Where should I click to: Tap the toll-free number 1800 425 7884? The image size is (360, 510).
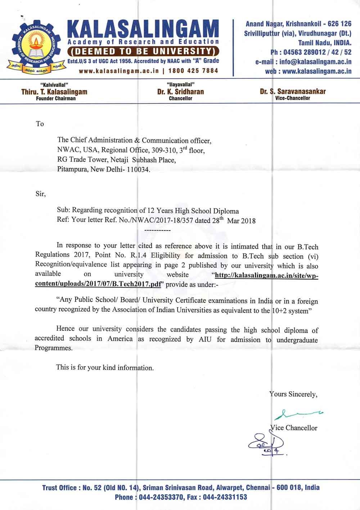pos(193,70)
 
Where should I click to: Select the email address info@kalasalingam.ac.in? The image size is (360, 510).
pos(315,62)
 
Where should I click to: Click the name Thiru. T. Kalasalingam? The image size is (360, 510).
pos(54,92)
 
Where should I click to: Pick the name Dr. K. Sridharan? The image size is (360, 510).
pos(180,92)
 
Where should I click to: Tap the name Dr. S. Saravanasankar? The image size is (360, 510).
pos(293,91)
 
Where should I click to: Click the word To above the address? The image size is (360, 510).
pos(40,124)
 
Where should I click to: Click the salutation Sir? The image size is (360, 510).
pos(40,194)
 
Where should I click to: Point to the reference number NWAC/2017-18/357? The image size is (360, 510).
pos(163,220)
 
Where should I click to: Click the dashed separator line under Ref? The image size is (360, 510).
pos(157,229)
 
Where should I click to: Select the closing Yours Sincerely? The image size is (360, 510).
pos(293,394)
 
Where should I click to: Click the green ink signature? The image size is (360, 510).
pos(298,414)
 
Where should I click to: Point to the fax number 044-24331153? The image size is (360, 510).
pos(225,497)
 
